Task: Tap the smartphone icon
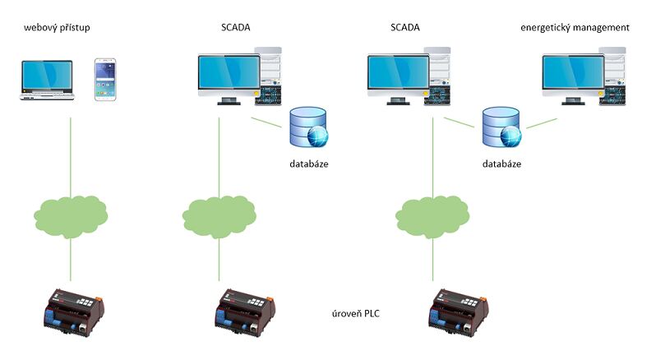(105, 80)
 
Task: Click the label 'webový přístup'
(62, 29)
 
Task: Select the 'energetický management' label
(575, 28)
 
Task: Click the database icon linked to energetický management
(501, 127)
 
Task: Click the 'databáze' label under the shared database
(501, 164)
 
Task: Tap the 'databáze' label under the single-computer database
(309, 164)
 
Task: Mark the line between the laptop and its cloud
(72, 156)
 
